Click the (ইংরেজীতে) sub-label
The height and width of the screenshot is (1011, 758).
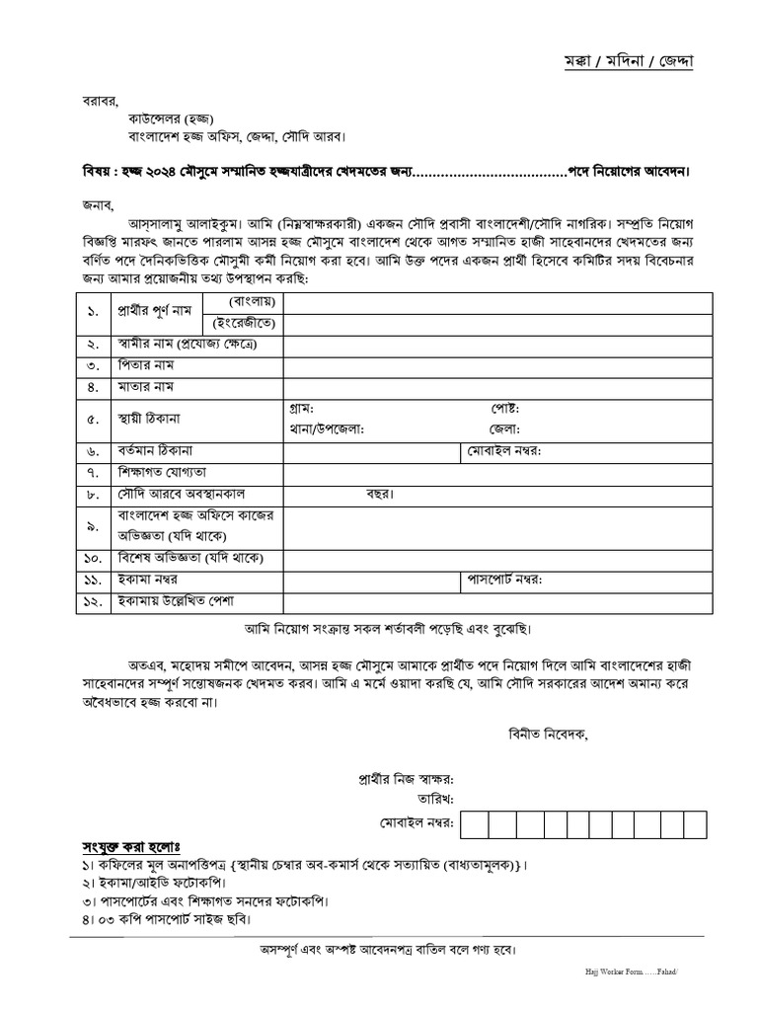click(242, 324)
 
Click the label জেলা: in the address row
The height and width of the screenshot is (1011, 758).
click(503, 428)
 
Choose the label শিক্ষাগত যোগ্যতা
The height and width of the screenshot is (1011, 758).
click(162, 473)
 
